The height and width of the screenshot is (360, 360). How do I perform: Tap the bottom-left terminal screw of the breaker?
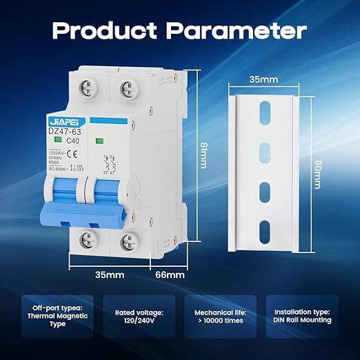[89, 241]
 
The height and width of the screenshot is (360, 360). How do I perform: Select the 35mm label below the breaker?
[110, 274]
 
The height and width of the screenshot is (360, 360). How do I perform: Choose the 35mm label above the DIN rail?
[263, 79]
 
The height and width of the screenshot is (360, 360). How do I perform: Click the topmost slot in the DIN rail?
[264, 111]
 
